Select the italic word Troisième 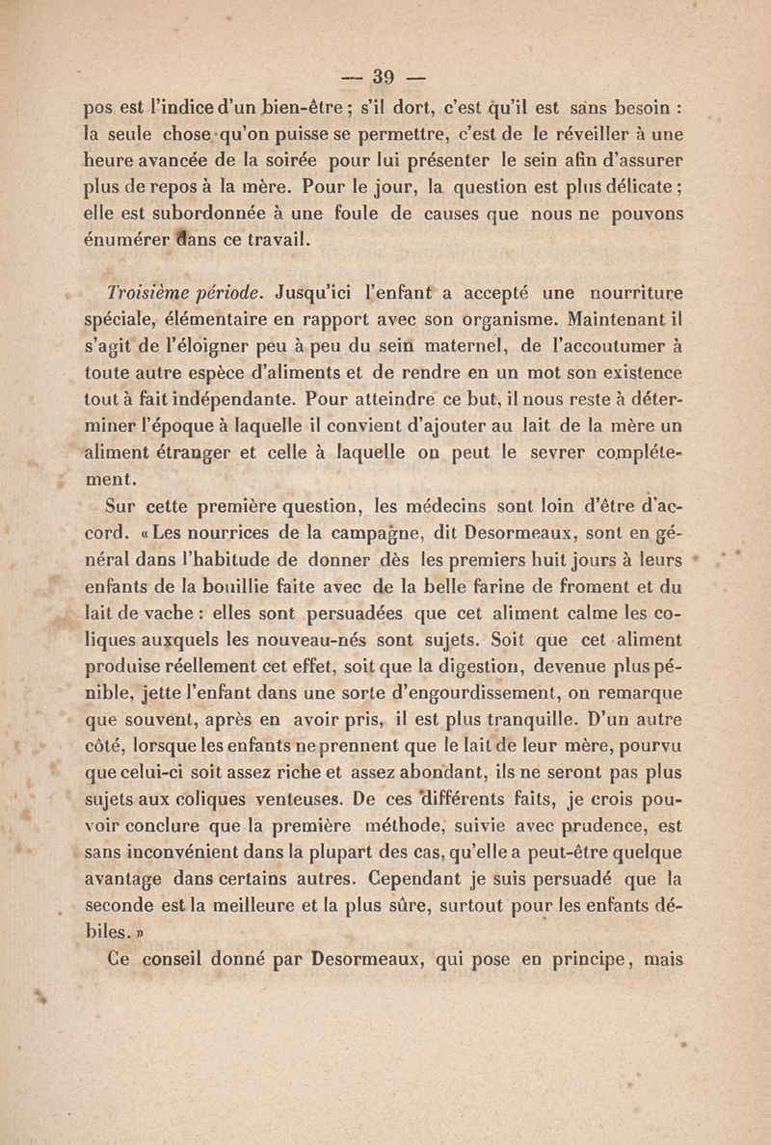click(x=146, y=291)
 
